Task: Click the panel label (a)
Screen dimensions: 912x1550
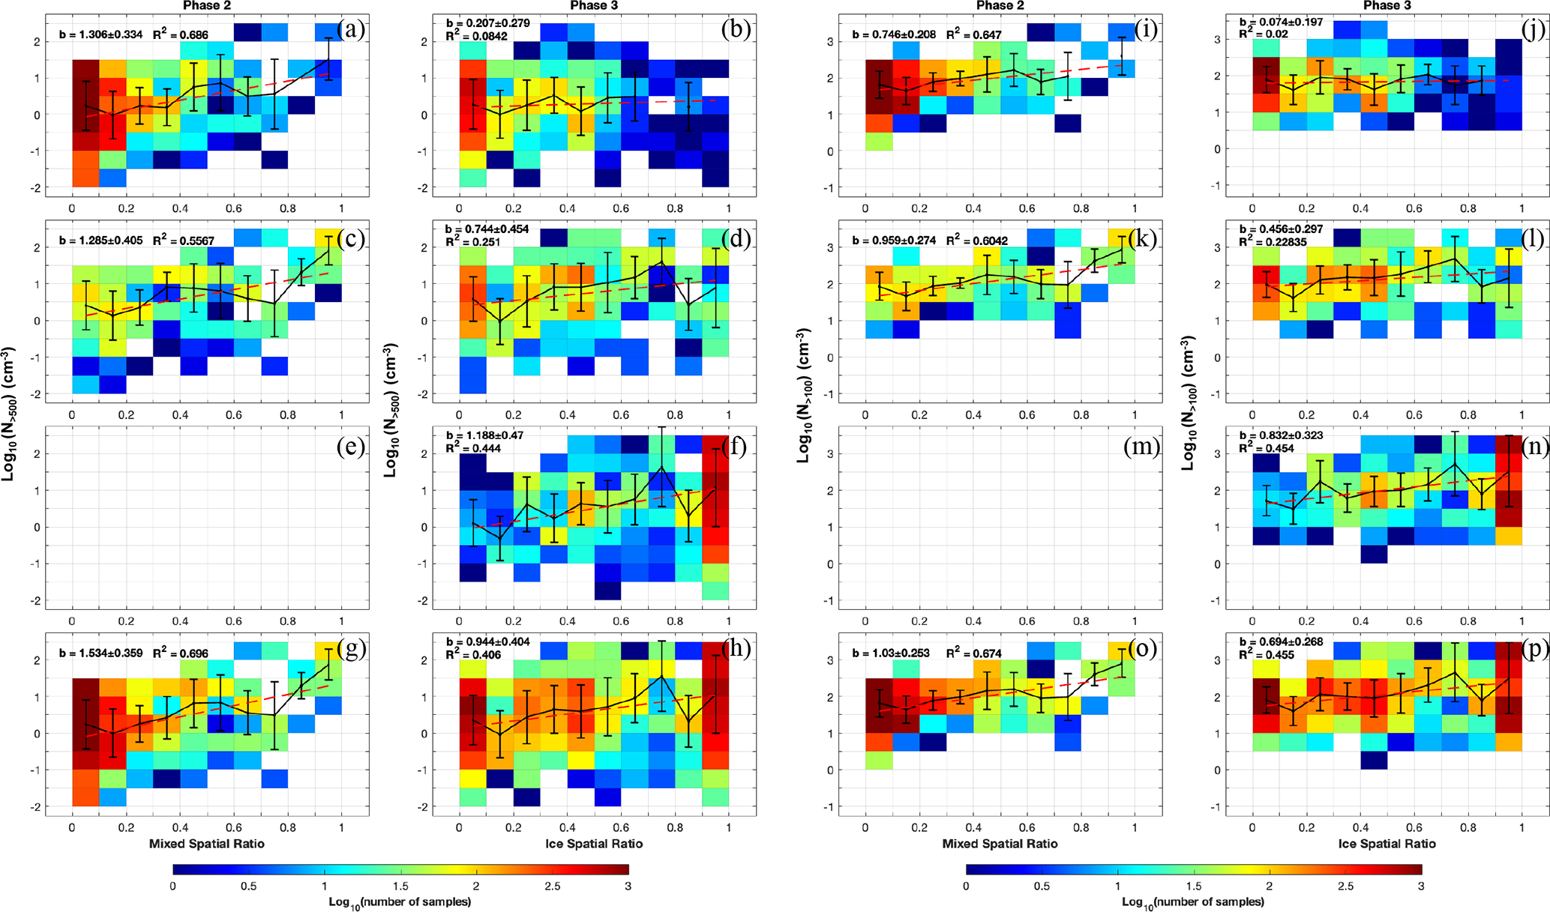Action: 351,30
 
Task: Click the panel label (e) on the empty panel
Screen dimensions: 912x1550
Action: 351,447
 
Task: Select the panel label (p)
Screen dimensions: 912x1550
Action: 1531,649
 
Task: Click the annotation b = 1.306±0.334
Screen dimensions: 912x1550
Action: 100,34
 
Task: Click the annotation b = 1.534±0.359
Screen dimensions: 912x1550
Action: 100,653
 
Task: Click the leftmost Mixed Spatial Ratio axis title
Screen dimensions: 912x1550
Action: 206,843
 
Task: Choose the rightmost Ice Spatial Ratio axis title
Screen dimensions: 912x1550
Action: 1387,843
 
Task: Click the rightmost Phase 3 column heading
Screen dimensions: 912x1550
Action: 1387,6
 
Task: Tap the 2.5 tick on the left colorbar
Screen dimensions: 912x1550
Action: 552,886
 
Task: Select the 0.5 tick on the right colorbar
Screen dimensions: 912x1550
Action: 1042,886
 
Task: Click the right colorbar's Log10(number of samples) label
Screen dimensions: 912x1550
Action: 1192,902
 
